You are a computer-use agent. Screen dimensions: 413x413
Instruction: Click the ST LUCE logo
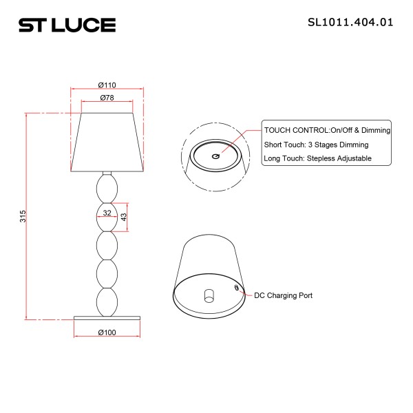(67, 25)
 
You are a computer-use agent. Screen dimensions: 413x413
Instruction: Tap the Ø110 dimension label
(107, 85)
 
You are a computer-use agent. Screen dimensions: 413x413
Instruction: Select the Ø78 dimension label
(107, 98)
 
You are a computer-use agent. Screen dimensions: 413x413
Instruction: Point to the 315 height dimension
(22, 216)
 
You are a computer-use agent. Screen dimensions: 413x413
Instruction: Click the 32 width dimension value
(107, 213)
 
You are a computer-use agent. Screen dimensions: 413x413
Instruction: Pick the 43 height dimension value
(124, 217)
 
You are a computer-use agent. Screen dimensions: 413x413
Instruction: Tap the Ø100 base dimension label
(107, 332)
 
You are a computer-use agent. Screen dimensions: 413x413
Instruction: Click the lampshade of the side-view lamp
(107, 141)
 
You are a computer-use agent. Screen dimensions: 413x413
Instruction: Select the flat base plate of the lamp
(107, 317)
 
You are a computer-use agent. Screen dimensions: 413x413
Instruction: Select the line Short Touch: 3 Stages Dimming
(316, 145)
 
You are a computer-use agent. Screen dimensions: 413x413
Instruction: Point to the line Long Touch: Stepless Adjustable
(317, 158)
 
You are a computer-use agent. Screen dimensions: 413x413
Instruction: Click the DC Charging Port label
(284, 295)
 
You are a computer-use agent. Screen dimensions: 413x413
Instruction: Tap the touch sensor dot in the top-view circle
(215, 157)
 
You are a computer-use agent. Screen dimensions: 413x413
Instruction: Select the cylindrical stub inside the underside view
(209, 296)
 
